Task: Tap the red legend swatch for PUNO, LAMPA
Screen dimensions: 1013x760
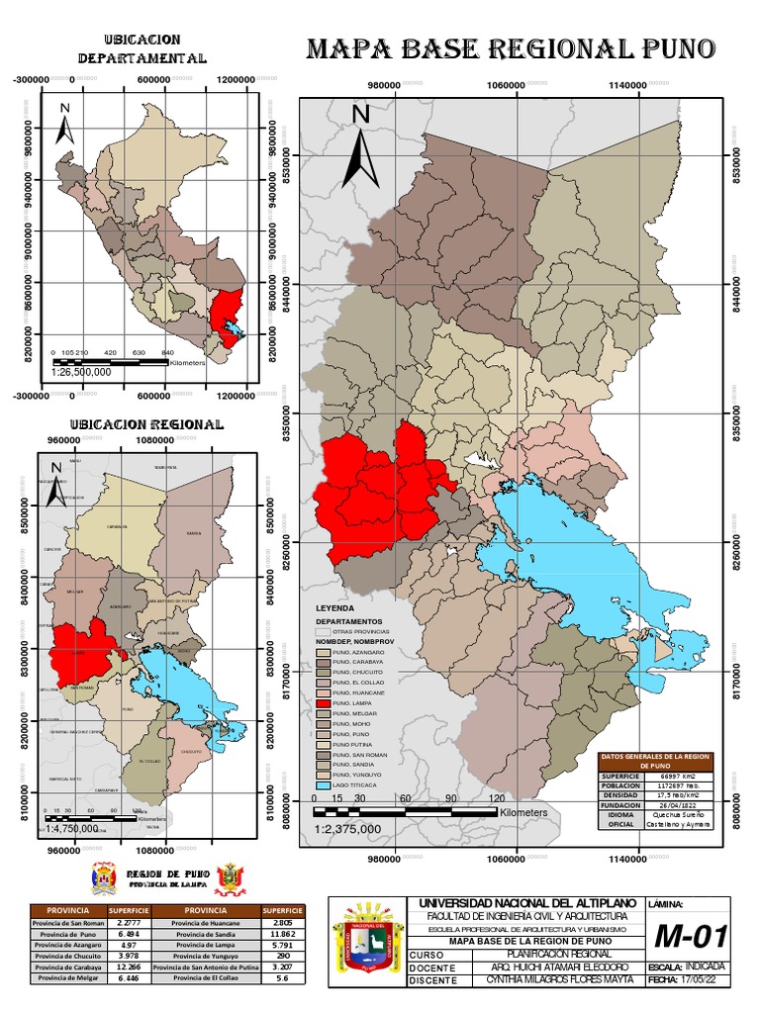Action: point(322,703)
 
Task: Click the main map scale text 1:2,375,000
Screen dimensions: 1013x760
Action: point(346,829)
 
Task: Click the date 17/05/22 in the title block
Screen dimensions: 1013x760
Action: point(700,980)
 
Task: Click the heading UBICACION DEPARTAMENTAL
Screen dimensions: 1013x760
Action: point(142,48)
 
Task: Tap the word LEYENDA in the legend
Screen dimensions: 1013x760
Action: point(334,606)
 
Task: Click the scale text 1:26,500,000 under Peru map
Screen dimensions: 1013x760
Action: point(79,372)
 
